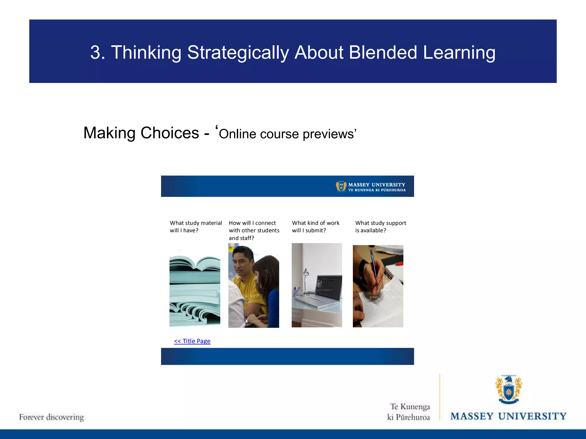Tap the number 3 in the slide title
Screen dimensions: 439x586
[96, 53]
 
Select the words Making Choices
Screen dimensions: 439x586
[141, 133]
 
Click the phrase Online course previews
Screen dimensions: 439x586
[287, 134]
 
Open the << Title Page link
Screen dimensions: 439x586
[192, 341]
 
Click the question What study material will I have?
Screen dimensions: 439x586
[196, 227]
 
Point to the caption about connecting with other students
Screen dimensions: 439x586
[254, 230]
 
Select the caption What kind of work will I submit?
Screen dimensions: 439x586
[315, 227]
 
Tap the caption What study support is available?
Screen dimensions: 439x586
[380, 227]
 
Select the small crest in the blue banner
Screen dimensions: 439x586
[341, 187]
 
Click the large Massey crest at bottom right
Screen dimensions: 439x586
[508, 390]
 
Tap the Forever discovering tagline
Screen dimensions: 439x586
[52, 417]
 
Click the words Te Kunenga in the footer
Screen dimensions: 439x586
[410, 407]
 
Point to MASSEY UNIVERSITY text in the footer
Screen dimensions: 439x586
[508, 416]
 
